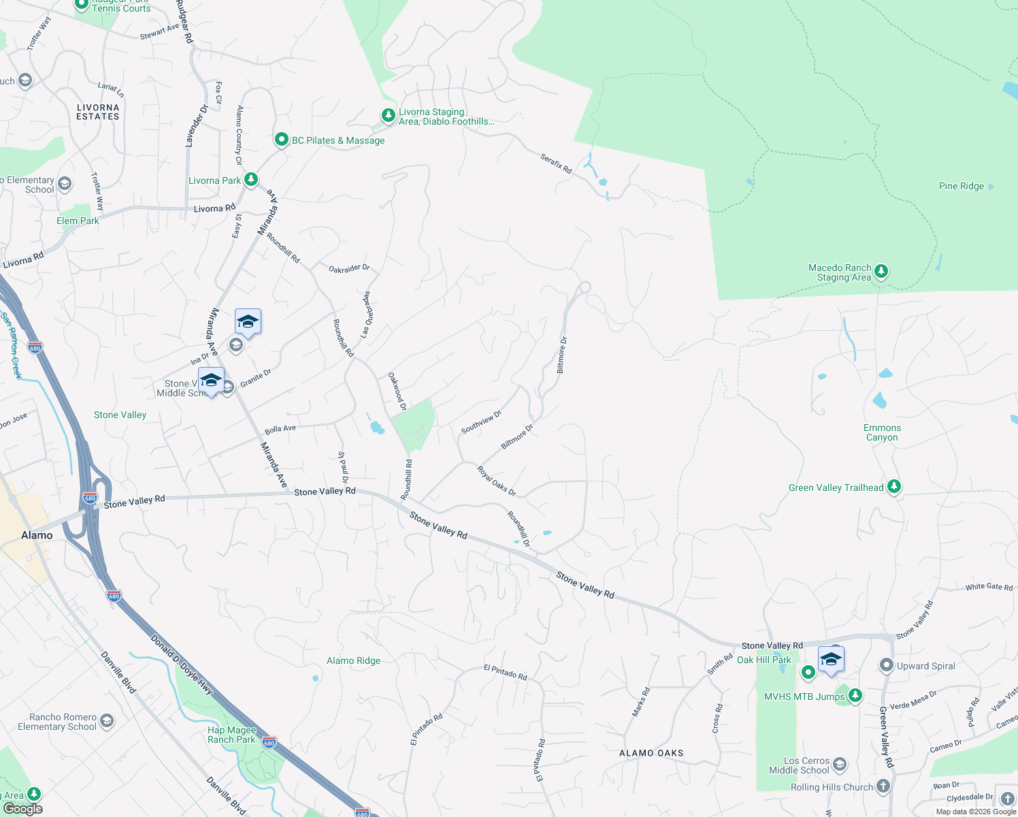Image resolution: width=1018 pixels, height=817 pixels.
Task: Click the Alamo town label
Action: click(37, 535)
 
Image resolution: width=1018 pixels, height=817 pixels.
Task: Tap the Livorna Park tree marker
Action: click(251, 180)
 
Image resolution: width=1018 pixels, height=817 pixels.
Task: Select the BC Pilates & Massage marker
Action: click(281, 140)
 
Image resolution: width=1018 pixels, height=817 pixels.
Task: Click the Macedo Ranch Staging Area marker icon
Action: click(881, 272)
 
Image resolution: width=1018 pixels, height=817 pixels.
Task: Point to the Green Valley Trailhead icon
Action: click(894, 487)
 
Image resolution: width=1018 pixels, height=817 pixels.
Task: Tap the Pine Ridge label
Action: click(961, 186)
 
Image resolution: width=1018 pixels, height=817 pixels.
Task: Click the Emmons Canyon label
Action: click(882, 432)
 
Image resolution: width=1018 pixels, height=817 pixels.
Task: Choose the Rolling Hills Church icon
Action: click(883, 786)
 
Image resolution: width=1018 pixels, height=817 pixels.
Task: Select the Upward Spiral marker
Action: click(887, 665)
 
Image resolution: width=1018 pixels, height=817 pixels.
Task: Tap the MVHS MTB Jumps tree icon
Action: click(855, 696)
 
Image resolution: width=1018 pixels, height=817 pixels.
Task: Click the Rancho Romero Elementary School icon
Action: click(107, 721)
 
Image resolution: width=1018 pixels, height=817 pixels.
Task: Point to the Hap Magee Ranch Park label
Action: click(231, 735)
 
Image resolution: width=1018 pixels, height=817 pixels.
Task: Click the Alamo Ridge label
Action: click(353, 660)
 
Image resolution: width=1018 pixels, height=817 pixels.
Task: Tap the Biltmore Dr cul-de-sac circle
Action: click(585, 287)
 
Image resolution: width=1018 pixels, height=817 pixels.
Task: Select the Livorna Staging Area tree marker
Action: click(388, 116)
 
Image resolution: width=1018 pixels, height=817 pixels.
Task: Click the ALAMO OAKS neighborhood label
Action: click(651, 753)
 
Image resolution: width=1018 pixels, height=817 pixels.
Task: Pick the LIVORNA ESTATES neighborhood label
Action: click(98, 112)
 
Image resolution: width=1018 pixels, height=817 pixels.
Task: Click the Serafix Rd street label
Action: click(556, 163)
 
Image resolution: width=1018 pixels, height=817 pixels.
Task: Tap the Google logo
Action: click(22, 808)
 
